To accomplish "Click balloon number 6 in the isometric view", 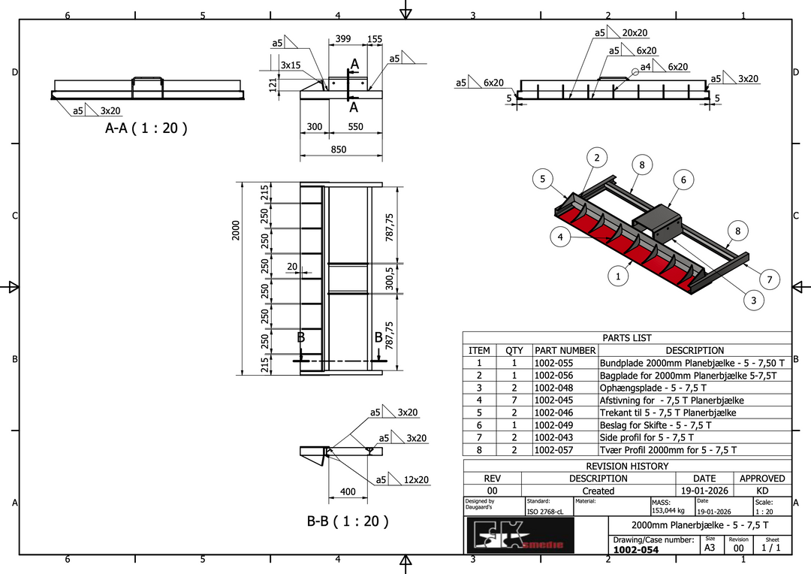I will click(683, 180).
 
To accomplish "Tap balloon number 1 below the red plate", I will click(617, 276).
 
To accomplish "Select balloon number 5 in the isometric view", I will click(542, 179).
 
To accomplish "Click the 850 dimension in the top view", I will click(339, 150).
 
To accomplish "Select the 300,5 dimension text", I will click(390, 278).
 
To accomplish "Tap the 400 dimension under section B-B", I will click(348, 492).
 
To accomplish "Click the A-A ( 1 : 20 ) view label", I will click(146, 128).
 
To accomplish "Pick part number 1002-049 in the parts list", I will click(553, 425).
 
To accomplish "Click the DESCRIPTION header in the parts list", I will click(695, 350).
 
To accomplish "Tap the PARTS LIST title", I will click(627, 338).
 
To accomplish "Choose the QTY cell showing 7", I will click(514, 400).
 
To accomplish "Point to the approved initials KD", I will click(762, 491).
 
